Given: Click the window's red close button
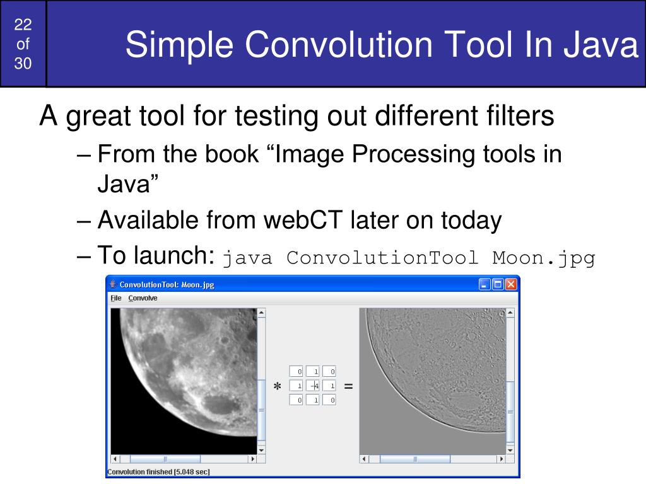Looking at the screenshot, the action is click(511, 284).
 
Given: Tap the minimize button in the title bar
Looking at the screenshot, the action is click(484, 284).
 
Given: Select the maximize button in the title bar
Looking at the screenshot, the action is click(498, 284).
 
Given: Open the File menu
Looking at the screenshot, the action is click(116, 298).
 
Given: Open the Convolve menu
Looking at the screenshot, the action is click(143, 298).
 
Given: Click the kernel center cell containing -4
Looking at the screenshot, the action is click(313, 386).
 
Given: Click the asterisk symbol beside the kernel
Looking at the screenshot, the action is click(278, 386).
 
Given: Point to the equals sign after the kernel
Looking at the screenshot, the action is click(348, 386).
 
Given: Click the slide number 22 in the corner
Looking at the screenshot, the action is click(23, 25).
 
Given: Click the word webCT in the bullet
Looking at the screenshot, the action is click(303, 220).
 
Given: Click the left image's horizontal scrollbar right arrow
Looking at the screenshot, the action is click(252, 459).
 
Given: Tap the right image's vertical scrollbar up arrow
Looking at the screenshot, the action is click(510, 313).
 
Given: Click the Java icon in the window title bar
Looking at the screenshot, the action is click(113, 284).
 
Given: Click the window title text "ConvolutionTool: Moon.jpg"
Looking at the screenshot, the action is click(167, 284).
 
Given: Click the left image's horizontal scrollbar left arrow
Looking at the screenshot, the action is click(115, 459).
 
